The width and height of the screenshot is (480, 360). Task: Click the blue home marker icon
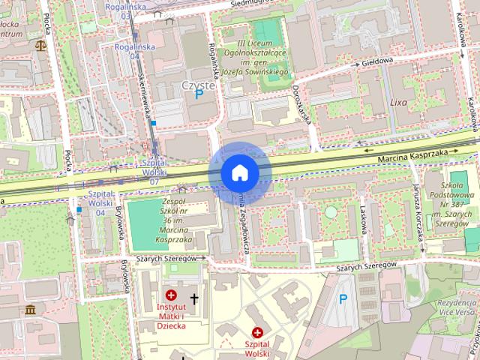tap(239, 172)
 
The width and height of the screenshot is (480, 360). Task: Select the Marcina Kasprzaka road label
tap(407, 151)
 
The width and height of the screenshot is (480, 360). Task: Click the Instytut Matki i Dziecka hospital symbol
tap(172, 296)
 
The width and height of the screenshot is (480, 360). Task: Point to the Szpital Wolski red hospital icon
tap(257, 332)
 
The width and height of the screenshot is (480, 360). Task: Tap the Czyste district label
tap(198, 85)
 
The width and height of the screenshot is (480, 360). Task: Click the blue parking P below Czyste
tap(199, 95)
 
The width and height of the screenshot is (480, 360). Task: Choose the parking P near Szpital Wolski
tap(343, 299)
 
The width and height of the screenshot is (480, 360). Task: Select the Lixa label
tap(397, 101)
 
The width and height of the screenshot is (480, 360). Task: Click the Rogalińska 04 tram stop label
tap(125, 50)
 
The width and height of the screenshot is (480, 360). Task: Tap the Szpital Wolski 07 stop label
tap(154, 172)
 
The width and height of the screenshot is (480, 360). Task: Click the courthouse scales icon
tap(39, 46)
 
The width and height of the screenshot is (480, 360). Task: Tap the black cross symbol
tap(194, 299)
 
